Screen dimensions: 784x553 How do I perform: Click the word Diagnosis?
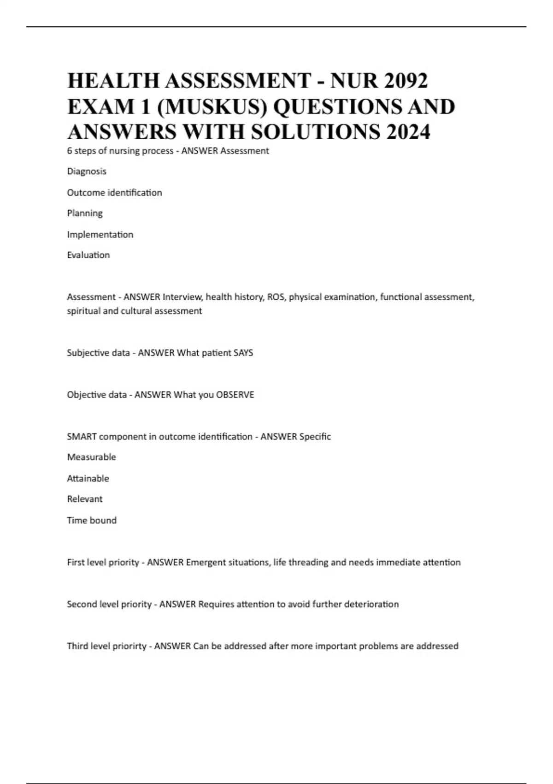87,171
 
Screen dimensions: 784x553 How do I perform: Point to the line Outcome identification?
114,192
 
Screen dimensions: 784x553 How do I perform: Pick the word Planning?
85,213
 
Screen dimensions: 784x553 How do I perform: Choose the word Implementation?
100,234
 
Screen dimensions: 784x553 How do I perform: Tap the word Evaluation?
88,255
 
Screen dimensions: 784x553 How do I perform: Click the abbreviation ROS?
276,297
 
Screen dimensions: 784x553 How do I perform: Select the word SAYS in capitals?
243,353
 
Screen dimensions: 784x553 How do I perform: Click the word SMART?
82,437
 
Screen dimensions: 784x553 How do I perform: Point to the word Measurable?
91,457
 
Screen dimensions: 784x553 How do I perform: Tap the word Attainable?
88,478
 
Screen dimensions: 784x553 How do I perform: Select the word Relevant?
85,499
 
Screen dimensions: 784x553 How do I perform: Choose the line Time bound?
92,520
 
